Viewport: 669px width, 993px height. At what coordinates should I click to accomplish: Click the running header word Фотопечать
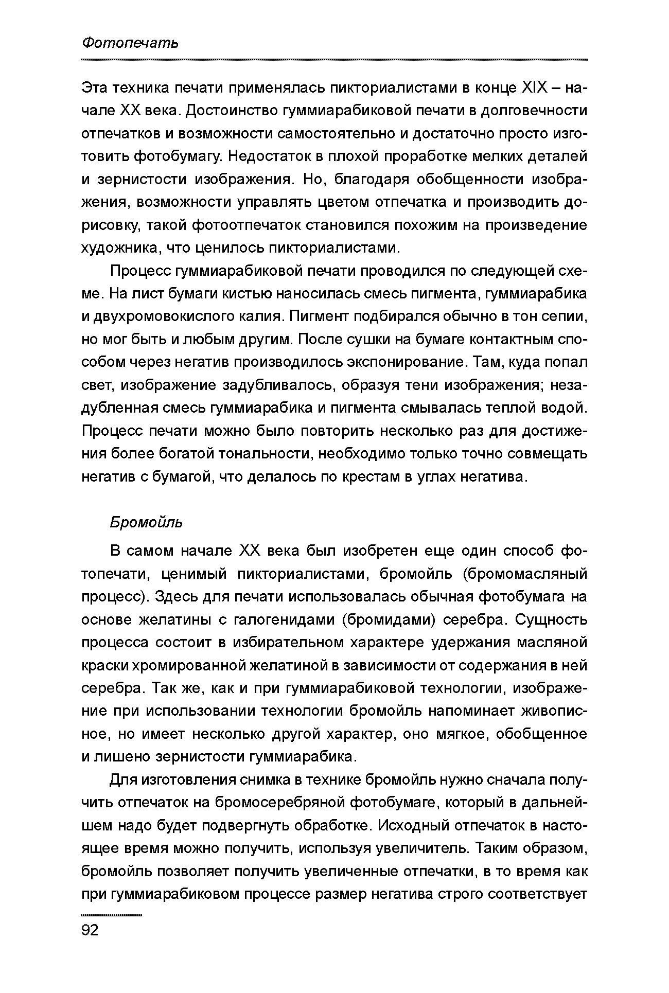(130, 43)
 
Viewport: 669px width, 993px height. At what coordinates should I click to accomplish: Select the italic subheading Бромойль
(146, 523)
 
